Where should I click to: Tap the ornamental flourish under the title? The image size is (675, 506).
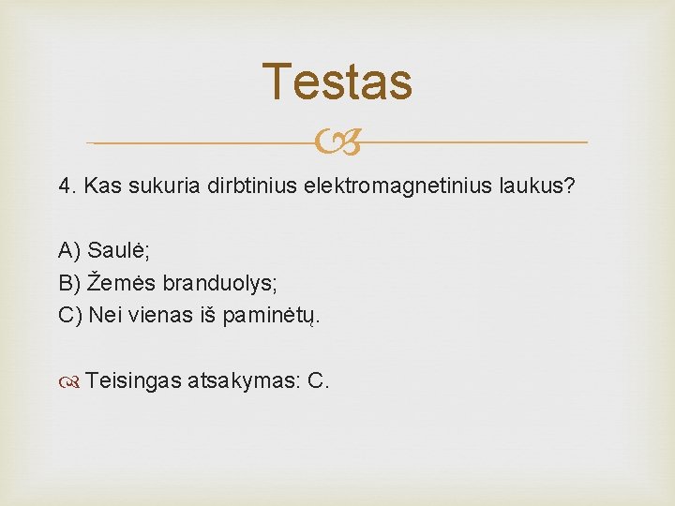coord(337,143)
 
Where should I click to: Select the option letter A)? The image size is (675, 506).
coord(69,250)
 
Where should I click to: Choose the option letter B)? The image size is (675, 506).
coord(69,282)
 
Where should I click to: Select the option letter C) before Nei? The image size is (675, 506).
coord(70,314)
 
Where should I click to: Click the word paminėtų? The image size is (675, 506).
coord(271,314)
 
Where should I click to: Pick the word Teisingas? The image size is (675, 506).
coord(134,380)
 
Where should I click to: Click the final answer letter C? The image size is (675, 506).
coord(317,380)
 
